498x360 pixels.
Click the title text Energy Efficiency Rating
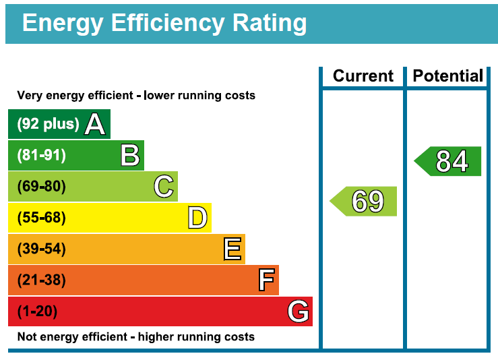(164, 23)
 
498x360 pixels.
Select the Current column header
(363, 76)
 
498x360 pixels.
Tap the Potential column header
(448, 76)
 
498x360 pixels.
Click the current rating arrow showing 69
(364, 202)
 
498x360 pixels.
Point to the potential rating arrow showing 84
(448, 161)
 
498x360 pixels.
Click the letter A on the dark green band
(95, 124)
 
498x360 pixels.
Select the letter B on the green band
(130, 156)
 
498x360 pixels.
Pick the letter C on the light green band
(164, 187)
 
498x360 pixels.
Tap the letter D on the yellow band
(197, 218)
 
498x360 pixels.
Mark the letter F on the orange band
(266, 280)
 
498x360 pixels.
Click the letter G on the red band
(298, 311)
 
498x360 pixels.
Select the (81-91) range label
(42, 156)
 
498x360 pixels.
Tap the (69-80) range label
(42, 187)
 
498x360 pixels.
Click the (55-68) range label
(42, 218)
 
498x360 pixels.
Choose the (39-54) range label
(42, 249)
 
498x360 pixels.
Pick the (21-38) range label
(42, 280)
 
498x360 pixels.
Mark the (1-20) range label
(38, 311)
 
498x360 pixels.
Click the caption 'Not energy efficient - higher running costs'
(136, 336)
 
